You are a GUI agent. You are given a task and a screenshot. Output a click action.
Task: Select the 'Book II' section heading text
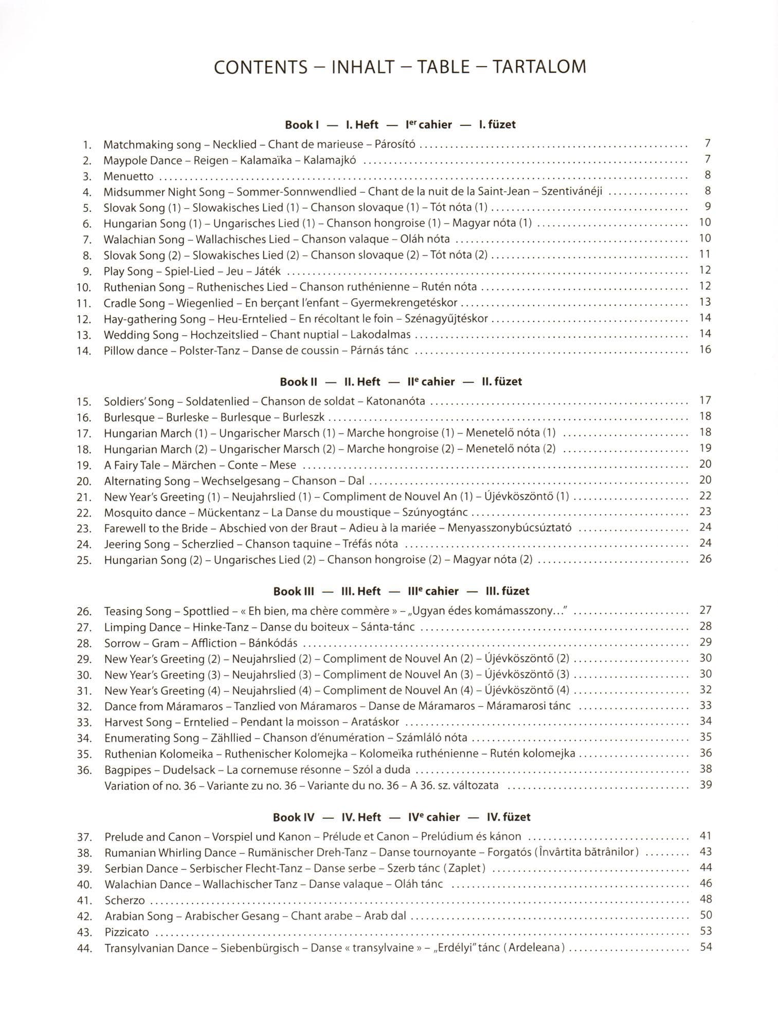(x=298, y=382)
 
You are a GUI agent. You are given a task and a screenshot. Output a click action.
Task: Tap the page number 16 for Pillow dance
(x=705, y=350)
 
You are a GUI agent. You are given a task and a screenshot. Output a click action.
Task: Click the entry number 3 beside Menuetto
(x=87, y=177)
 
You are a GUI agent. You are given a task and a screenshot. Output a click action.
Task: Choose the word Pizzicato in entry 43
(x=126, y=932)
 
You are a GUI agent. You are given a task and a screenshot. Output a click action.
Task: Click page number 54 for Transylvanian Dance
(x=705, y=947)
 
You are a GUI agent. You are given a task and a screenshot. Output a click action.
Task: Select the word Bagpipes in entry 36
(x=128, y=770)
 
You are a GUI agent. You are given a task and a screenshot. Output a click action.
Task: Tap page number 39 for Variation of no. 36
(x=705, y=785)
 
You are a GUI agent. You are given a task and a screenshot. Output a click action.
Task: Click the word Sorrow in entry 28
(x=122, y=643)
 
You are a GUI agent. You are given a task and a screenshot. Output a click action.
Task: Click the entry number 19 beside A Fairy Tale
(x=84, y=466)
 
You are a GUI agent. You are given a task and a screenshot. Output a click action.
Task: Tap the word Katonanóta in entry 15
(x=395, y=401)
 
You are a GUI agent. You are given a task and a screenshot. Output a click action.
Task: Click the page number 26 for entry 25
(x=705, y=559)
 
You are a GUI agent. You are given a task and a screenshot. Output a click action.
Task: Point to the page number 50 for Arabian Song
(x=705, y=915)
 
